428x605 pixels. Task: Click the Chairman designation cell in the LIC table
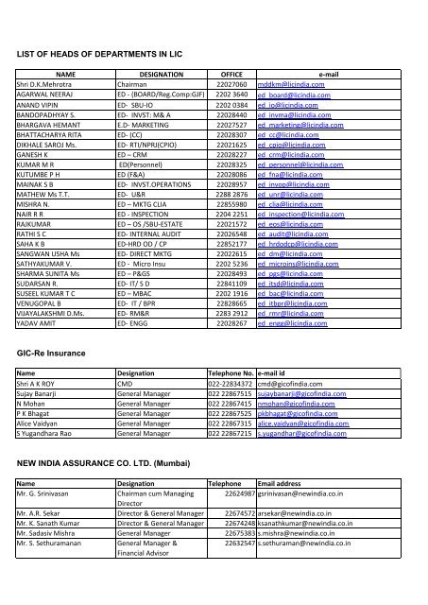(x=132, y=83)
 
